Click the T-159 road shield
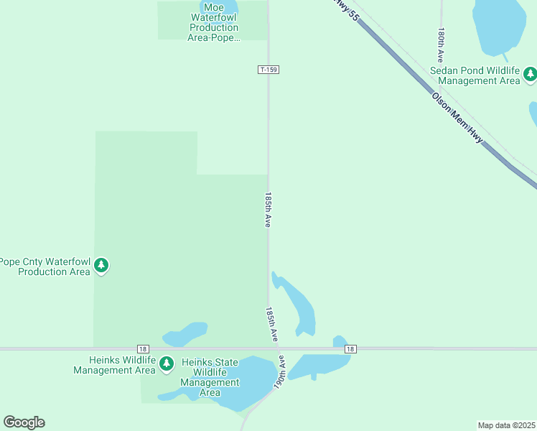(268, 70)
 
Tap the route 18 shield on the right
(350, 349)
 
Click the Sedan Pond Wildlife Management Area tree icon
(530, 73)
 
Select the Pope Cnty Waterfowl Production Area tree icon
(101, 266)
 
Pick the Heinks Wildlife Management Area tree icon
(167, 363)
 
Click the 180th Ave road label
(441, 45)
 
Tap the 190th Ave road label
(280, 372)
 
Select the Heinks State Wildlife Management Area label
(210, 377)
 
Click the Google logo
(24, 422)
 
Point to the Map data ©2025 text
(506, 425)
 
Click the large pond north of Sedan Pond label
(499, 25)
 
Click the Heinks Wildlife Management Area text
(114, 366)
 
